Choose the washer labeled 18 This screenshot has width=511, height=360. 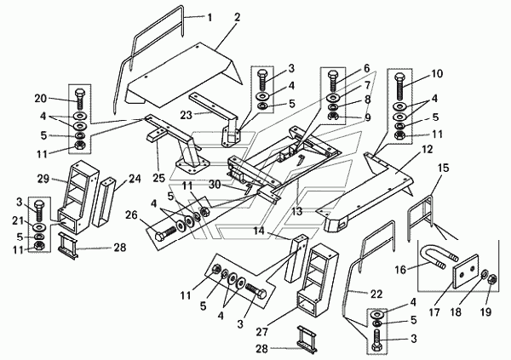pyautogui.click(x=483, y=276)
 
